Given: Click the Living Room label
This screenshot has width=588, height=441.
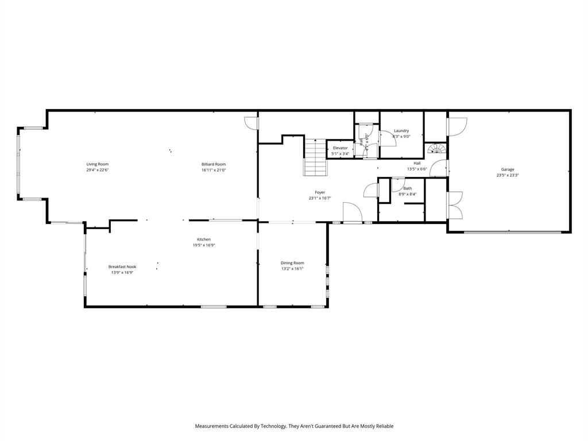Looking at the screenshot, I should click(x=98, y=164).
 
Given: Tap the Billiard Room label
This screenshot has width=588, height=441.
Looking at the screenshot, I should click(x=214, y=164).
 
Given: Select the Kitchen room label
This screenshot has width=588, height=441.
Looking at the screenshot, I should click(x=204, y=239).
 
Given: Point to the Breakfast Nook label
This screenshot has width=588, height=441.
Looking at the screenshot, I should click(x=122, y=266).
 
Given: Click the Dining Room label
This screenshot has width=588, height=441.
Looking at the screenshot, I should click(x=292, y=263).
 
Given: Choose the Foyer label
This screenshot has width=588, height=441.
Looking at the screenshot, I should click(x=320, y=192).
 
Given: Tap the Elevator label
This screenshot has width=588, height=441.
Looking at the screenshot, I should click(x=341, y=148).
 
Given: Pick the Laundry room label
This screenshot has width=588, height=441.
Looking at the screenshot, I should click(x=401, y=131).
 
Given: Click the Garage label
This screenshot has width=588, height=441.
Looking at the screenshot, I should click(x=508, y=169).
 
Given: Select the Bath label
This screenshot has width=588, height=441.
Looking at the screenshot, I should click(x=408, y=188).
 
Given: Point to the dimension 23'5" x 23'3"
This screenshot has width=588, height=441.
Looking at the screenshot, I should click(x=508, y=175).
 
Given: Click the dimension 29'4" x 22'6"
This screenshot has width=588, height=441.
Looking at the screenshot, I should click(x=98, y=170).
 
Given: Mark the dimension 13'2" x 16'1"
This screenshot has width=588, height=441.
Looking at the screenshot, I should click(x=292, y=269).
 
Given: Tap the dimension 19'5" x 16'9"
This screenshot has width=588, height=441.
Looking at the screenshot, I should click(x=204, y=245).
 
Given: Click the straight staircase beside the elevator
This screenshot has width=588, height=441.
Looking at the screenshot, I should click(x=315, y=158).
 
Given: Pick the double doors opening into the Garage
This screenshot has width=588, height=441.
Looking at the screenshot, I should click(x=455, y=204).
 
